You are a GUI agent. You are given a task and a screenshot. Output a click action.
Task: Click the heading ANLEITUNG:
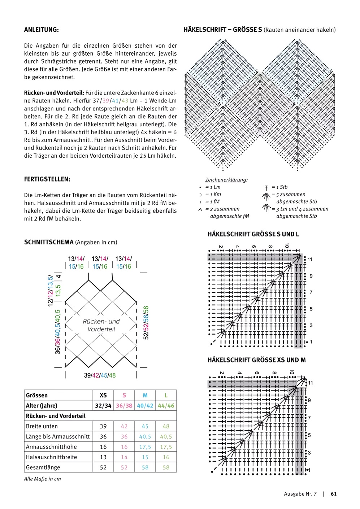coord(41,30)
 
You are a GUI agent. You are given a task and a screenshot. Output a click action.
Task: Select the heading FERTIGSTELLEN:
coord(47,179)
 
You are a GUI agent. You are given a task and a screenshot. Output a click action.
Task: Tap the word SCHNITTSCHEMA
coord(49,242)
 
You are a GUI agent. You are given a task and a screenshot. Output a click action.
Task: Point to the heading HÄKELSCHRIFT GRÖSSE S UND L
coord(253,234)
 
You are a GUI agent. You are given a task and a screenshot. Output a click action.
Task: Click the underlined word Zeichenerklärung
coord(226,180)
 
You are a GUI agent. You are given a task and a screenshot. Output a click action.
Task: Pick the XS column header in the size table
coord(103,395)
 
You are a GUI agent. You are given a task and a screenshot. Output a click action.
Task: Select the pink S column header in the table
coord(124,395)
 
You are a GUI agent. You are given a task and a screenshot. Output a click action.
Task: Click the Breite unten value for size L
coord(166,426)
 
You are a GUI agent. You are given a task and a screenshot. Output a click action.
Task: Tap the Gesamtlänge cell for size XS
coord(103,467)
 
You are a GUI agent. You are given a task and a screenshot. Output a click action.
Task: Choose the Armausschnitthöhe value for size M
coord(145,447)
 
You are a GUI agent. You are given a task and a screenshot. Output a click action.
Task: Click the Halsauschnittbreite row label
coord(51,457)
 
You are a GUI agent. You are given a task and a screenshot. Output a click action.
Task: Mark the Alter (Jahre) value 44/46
coord(166,406)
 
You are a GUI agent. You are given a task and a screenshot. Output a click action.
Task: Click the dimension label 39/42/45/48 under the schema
coord(100,375)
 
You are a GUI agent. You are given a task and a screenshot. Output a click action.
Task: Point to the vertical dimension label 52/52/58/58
coord(146,323)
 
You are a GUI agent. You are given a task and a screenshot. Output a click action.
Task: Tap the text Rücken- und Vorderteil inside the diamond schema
coord(101,325)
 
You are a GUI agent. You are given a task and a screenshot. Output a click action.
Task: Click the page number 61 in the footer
coord(334,494)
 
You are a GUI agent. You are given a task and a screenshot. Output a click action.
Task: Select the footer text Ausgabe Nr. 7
coord(300,494)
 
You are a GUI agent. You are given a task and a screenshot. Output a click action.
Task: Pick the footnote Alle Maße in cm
coord(43,479)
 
